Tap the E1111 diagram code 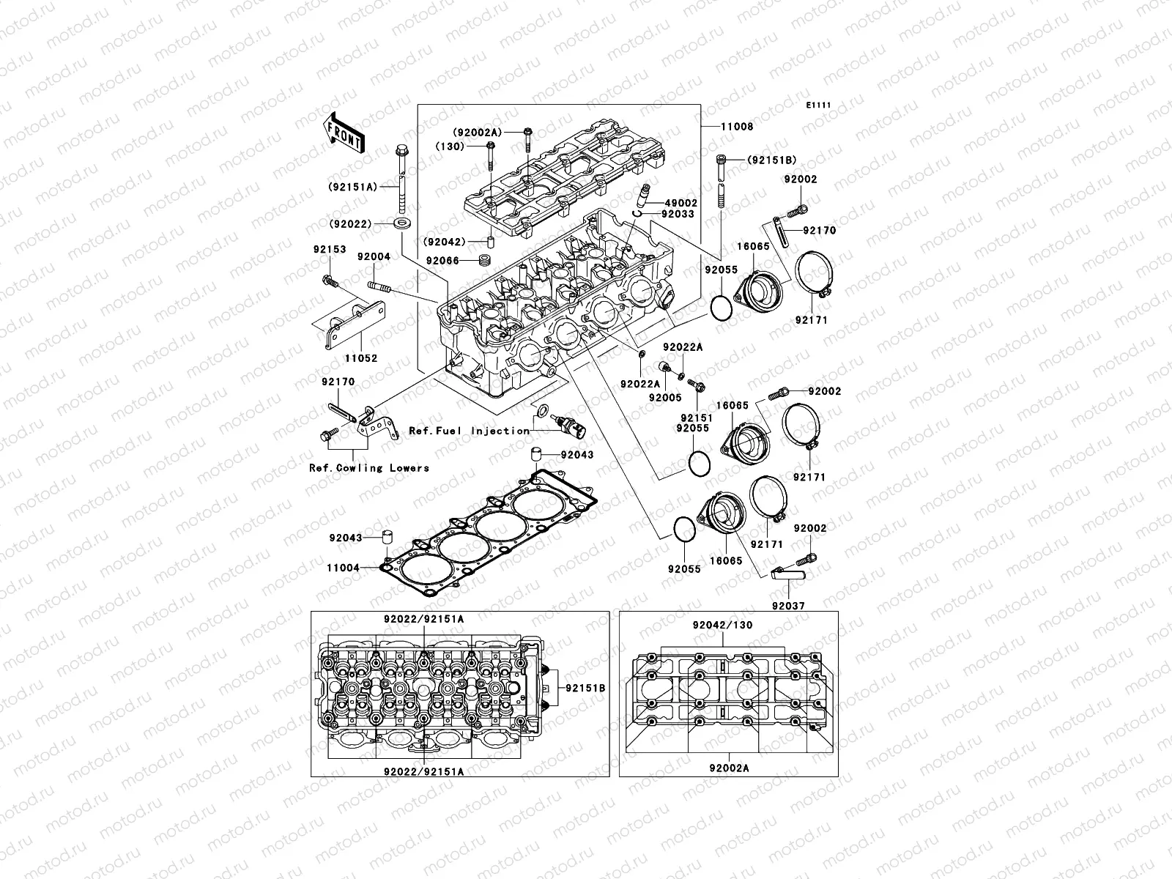818,105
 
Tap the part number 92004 374,257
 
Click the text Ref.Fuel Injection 469,431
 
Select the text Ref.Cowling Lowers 368,467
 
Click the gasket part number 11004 343,567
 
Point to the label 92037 787,607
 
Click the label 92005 664,397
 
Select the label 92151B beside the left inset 585,688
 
